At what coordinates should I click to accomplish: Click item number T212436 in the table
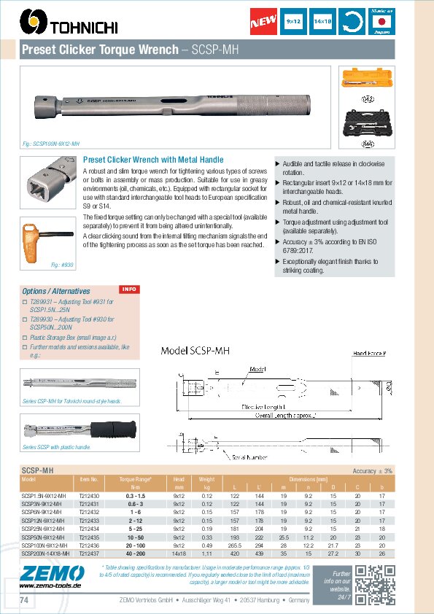click(88, 545)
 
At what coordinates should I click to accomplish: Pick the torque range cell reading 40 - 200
click(135, 553)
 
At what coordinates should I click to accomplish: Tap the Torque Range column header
click(135, 479)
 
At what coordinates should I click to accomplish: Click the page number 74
click(25, 600)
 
